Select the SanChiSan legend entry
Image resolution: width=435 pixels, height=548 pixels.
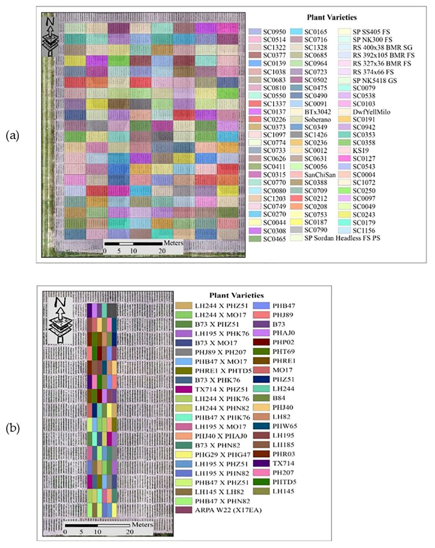point(320,175)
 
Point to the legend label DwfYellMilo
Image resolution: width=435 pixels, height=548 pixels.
point(371,112)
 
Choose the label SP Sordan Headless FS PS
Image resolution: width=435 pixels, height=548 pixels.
point(342,238)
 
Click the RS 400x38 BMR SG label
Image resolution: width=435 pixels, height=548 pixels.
point(382,48)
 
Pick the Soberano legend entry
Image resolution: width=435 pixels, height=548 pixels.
point(318,119)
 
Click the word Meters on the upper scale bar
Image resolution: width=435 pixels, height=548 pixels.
point(173,243)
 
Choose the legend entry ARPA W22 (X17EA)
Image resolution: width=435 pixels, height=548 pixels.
point(228,510)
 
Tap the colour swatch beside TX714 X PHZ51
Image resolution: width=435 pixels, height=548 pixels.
point(184,389)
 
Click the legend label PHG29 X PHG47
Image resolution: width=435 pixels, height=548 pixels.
point(222,454)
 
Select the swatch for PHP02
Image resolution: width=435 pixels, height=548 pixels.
point(261,342)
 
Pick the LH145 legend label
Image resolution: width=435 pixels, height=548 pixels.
point(283,491)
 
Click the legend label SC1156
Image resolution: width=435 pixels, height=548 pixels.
point(364,230)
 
